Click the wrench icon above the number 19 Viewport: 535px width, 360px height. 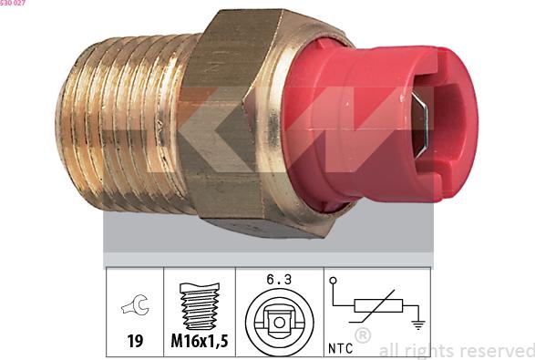[133, 308]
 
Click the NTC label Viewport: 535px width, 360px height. [340, 347]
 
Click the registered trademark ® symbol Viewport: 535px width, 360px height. [362, 335]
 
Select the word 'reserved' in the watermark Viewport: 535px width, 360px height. [498, 350]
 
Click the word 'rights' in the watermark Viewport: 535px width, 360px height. [427, 350]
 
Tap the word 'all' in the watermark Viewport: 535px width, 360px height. [387, 350]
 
